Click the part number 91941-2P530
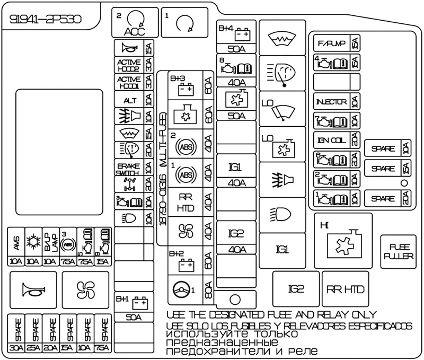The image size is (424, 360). pyautogui.click(x=46, y=20)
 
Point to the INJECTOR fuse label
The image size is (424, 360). pyautogui.click(x=330, y=102)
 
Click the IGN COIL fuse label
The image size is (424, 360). pyautogui.click(x=330, y=141)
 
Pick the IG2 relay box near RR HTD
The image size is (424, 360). pyautogui.click(x=296, y=289)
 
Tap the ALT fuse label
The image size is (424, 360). pyautogui.click(x=129, y=100)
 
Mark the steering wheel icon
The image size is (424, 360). pyautogui.click(x=182, y=289)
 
